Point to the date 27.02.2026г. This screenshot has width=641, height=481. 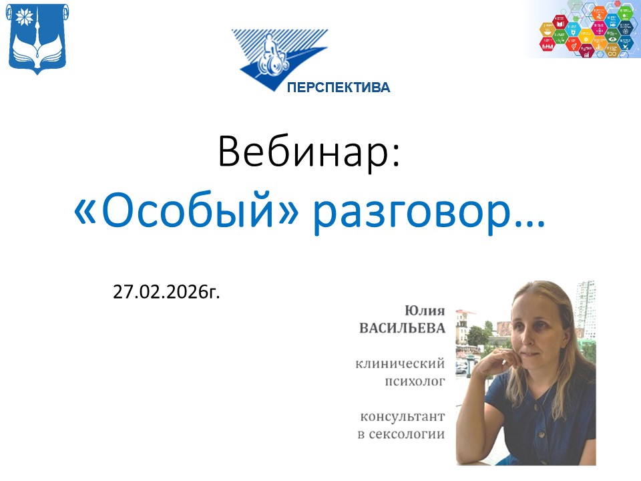pyautogui.click(x=166, y=291)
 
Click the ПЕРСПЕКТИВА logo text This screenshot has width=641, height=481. pyautogui.click(x=339, y=88)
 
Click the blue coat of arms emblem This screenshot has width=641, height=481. pyautogui.click(x=37, y=39)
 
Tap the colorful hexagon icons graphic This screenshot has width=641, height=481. pyautogui.click(x=588, y=29)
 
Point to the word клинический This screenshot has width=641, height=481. pyautogui.click(x=400, y=364)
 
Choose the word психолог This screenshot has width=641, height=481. pyautogui.click(x=413, y=382)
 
